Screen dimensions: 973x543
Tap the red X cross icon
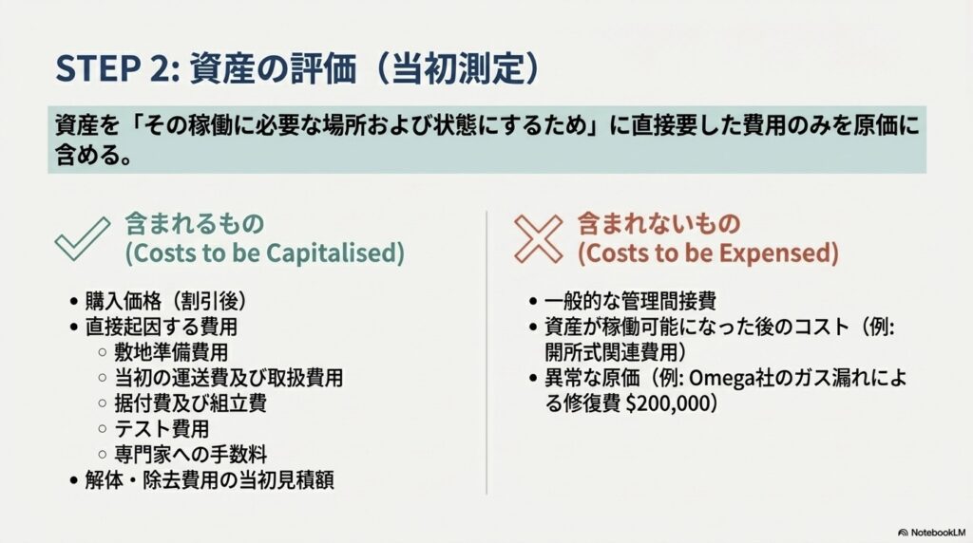click(538, 238)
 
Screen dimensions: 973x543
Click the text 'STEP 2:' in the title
click(118, 67)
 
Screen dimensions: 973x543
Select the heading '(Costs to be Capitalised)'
click(265, 253)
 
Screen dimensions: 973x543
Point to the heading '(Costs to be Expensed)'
click(708, 253)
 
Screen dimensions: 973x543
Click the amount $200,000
click(668, 403)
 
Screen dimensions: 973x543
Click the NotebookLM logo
click(931, 533)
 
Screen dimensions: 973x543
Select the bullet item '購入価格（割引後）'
click(165, 301)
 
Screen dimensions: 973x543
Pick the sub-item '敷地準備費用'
click(171, 352)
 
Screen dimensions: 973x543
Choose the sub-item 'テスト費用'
click(162, 428)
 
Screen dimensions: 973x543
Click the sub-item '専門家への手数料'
click(190, 455)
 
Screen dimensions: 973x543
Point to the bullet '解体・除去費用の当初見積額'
click(210, 479)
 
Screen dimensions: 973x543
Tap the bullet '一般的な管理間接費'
click(630, 301)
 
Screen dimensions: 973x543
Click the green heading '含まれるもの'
click(195, 224)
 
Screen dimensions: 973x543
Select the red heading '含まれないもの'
click(659, 224)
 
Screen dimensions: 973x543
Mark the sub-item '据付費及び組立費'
click(190, 403)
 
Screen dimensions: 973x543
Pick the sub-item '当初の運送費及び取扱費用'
click(228, 378)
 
